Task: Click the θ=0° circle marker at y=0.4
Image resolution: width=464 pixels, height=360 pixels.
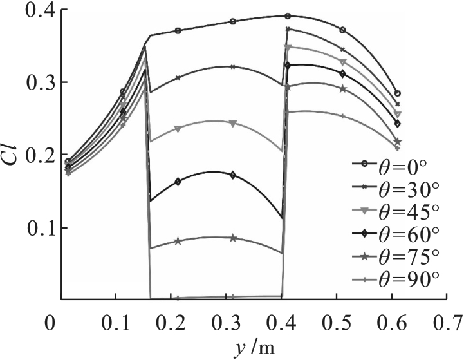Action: point(288,15)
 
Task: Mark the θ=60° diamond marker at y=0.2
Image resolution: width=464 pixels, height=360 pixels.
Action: point(178,181)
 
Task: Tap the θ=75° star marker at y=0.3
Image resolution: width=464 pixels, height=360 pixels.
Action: point(233,238)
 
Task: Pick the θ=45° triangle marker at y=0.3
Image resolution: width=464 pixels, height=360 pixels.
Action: point(233,123)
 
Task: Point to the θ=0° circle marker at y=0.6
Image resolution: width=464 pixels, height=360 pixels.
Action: point(397,93)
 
